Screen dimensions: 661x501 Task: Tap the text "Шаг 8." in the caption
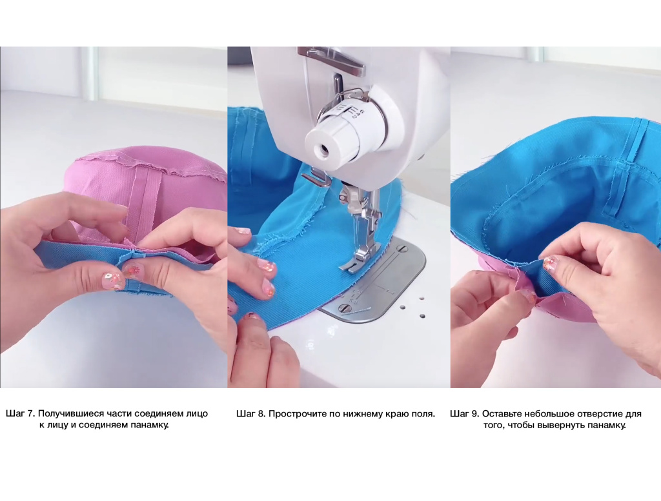click(251, 413)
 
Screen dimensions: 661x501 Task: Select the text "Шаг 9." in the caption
click(465, 413)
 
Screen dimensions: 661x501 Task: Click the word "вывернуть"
click(563, 425)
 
